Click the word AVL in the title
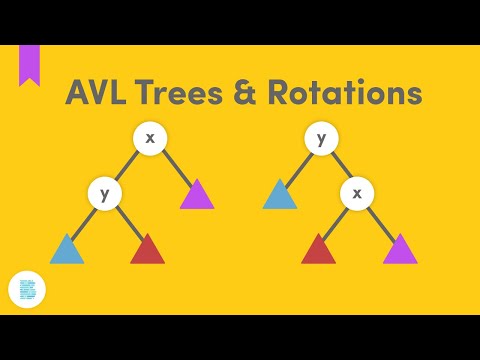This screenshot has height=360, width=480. click(x=100, y=94)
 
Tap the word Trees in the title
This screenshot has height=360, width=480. click(x=187, y=94)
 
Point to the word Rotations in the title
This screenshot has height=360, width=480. click(x=348, y=94)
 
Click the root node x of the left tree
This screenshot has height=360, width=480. click(x=150, y=138)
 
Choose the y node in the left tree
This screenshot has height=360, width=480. click(x=104, y=193)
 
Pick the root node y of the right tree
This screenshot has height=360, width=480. click(x=321, y=138)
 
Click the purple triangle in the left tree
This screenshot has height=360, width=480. click(x=197, y=196)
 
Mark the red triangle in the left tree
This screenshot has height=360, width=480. click(x=147, y=250)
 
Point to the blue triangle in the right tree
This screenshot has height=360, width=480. click(x=280, y=196)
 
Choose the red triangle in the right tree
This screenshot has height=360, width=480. click(x=318, y=250)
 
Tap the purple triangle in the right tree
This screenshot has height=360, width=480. click(x=399, y=250)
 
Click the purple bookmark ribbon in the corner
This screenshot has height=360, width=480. click(x=30, y=62)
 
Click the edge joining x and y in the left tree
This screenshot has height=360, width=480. click(x=127, y=165)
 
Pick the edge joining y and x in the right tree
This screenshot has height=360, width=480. click(x=338, y=165)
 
